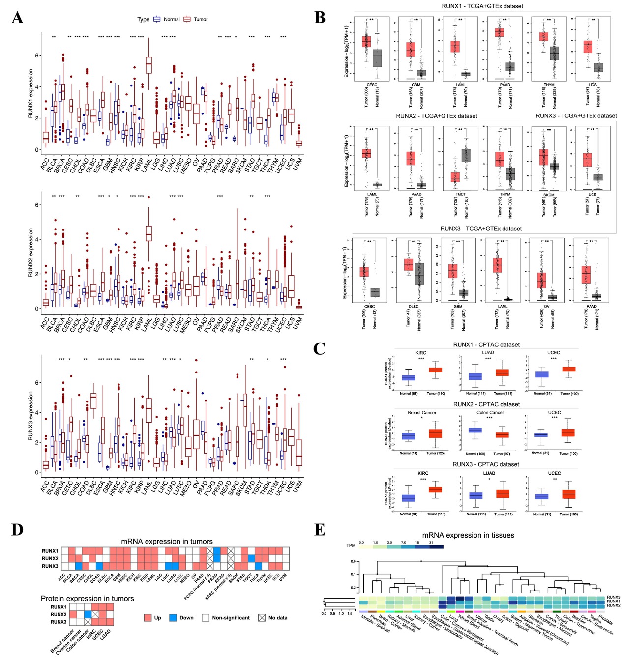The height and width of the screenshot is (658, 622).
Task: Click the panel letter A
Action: click(17, 18)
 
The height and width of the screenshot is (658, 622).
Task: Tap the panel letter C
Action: click(319, 349)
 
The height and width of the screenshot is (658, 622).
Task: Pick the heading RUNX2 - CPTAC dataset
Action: click(486, 404)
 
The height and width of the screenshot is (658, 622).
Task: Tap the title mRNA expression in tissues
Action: click(468, 535)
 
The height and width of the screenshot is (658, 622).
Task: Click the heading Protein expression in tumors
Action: click(87, 598)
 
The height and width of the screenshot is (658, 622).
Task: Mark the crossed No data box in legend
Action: click(262, 618)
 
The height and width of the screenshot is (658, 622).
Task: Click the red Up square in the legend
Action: click(148, 618)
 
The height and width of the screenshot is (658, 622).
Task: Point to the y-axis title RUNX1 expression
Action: click(30, 93)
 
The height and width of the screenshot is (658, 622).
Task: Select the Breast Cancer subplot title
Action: click(422, 413)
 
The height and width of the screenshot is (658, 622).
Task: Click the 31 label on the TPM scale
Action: click(431, 543)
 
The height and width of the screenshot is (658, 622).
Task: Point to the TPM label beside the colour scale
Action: click(351, 546)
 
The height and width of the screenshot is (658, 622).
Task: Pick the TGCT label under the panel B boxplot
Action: click(461, 194)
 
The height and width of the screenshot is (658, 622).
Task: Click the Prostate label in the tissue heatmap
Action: click(606, 618)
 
